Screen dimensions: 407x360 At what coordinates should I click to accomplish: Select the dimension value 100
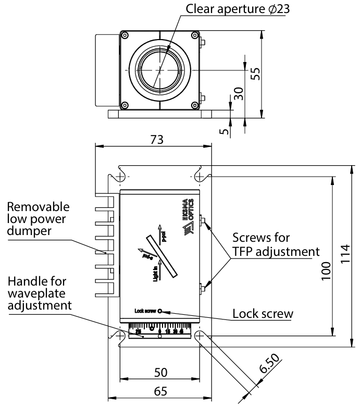(x=326, y=271)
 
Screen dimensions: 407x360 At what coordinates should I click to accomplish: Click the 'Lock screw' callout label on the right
(x=263, y=314)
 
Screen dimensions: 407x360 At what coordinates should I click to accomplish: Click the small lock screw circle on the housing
(x=160, y=312)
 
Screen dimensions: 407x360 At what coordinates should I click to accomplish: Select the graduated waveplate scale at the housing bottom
(x=159, y=331)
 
